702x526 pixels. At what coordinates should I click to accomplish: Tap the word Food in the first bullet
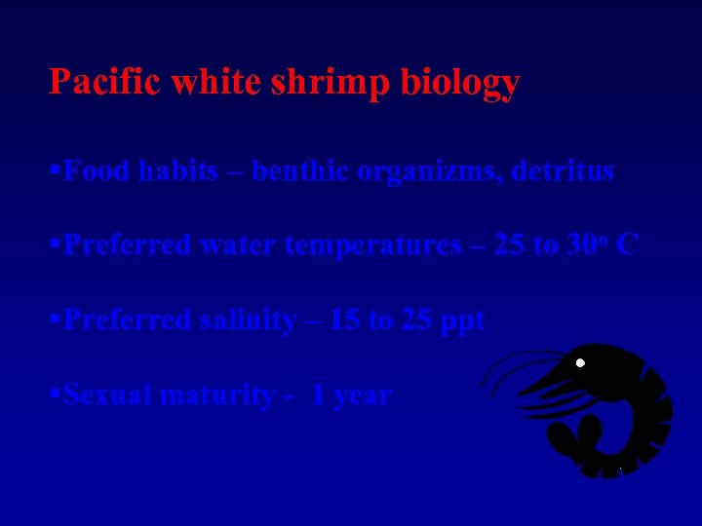tap(96, 171)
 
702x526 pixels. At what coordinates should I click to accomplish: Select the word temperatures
tap(372, 246)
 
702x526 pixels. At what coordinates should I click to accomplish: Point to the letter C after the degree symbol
tap(628, 245)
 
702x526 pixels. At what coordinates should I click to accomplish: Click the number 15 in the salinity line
tap(344, 320)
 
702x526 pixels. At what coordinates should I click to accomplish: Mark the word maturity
tap(223, 396)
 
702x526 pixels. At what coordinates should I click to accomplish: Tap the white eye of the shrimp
tap(580, 363)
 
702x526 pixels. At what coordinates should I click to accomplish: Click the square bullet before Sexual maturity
tap(55, 394)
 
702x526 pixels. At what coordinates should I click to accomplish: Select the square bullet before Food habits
tap(55, 170)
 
